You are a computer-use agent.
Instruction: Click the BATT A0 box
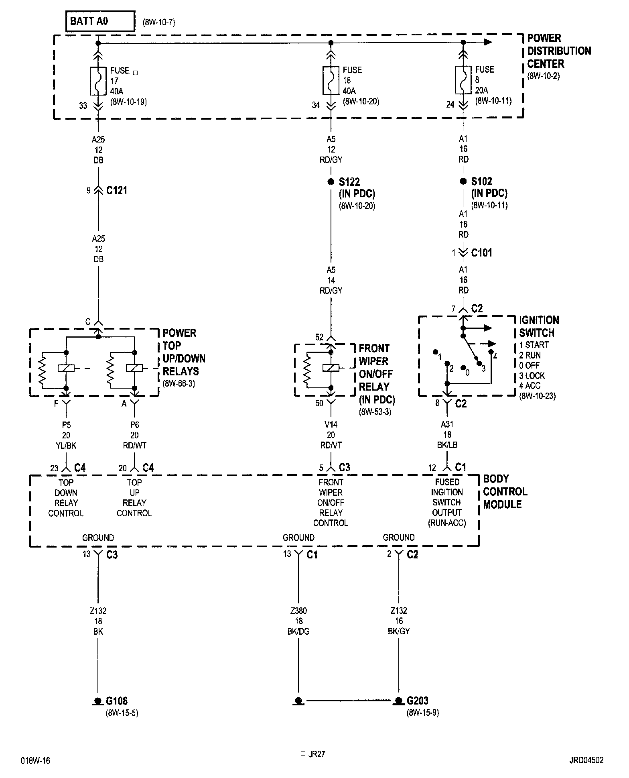click(100, 21)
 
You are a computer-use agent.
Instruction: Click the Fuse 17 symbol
click(98, 81)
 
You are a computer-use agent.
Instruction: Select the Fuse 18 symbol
click(331, 80)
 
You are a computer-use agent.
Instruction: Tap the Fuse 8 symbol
click(463, 80)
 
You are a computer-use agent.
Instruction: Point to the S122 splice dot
click(331, 181)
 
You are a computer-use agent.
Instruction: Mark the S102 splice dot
click(463, 181)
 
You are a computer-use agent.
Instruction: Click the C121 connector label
click(117, 190)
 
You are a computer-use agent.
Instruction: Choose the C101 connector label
click(481, 253)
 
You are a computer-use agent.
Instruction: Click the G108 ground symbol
click(98, 701)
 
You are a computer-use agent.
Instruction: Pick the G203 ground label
click(418, 701)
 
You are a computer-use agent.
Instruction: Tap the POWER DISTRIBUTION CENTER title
click(559, 51)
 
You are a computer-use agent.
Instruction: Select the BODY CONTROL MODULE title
click(505, 491)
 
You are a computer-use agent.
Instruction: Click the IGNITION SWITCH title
click(539, 326)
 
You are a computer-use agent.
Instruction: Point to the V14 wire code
click(331, 425)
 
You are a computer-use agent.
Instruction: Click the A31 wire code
click(447, 424)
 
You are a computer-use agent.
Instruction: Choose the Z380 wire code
click(298, 611)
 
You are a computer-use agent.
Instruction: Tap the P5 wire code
click(66, 425)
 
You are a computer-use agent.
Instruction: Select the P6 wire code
click(134, 425)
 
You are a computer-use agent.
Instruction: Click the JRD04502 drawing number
click(586, 760)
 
